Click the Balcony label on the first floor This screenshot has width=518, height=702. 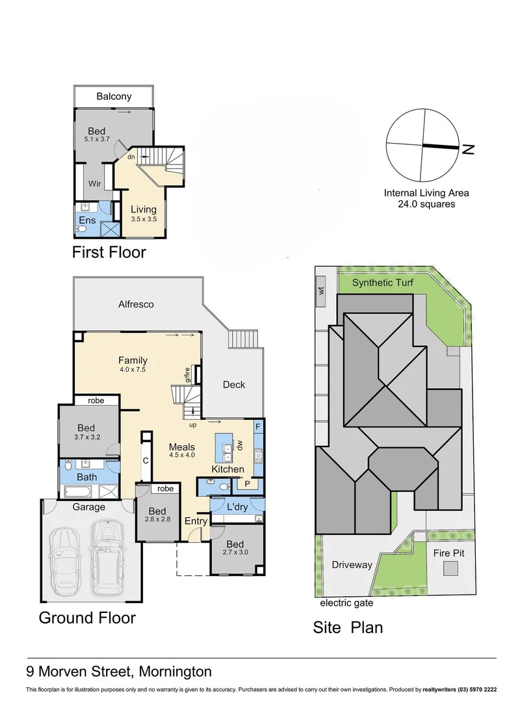tap(114, 96)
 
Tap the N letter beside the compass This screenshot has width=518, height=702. tap(468, 149)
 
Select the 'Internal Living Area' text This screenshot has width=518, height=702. tap(426, 192)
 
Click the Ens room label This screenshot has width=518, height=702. tap(87, 221)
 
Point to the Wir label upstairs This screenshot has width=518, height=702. tap(94, 184)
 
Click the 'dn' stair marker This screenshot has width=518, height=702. tap(131, 157)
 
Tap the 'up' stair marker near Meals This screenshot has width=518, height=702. tap(192, 425)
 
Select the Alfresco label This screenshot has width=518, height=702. tap(136, 304)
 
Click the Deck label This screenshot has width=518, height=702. tap(233, 384)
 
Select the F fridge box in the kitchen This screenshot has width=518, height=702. tap(258, 427)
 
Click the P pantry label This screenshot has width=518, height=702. tap(247, 484)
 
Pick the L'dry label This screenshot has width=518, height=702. tap(237, 506)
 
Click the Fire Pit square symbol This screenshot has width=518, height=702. tap(450, 569)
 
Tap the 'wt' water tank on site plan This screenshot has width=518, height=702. tap(321, 291)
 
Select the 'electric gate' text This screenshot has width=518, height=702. tap(346, 603)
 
